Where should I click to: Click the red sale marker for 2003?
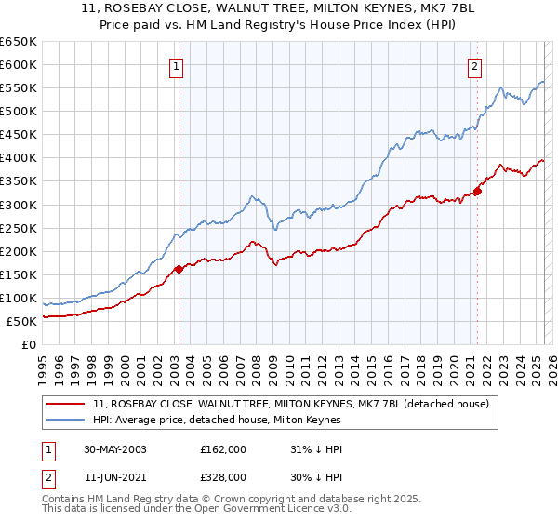pos(179,269)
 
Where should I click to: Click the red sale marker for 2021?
pos(477,191)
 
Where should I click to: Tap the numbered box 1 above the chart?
pos(176,66)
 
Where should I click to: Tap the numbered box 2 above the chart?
pos(474,66)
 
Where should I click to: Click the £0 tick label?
pos(28,345)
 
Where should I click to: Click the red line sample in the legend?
pos(66,403)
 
